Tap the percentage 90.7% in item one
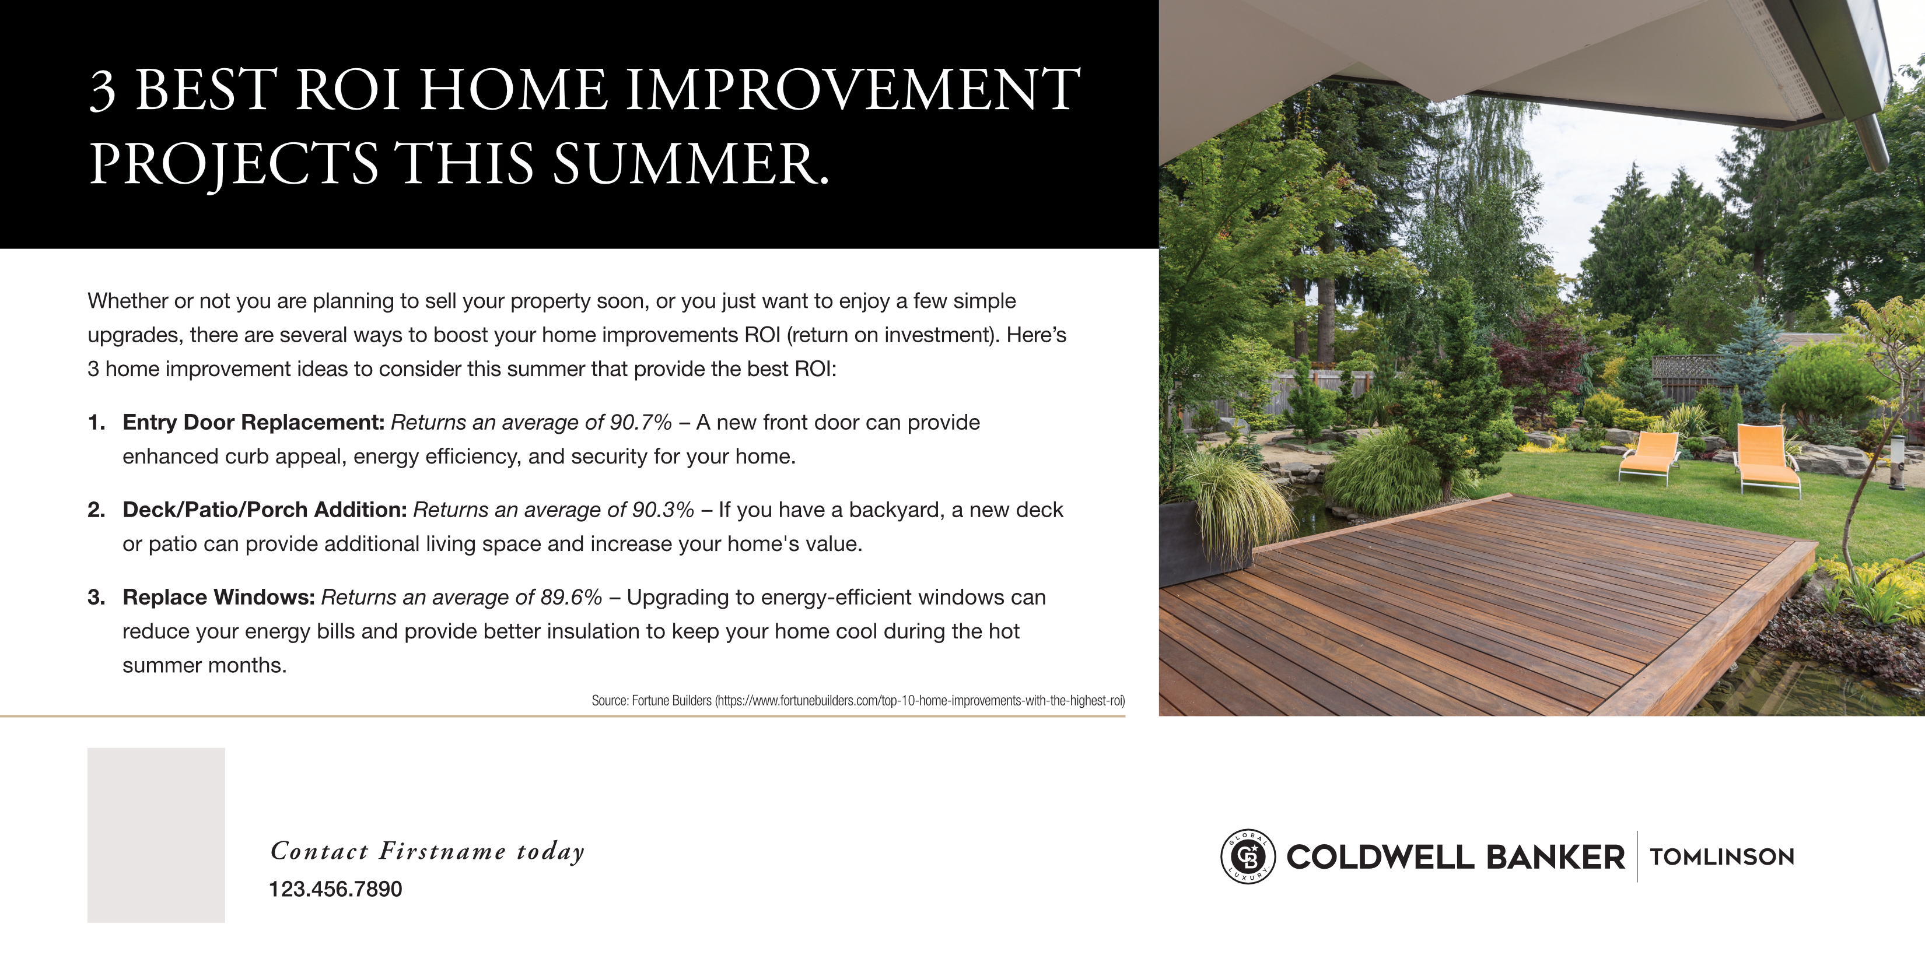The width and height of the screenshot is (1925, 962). (x=640, y=422)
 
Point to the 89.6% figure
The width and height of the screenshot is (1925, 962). (x=571, y=597)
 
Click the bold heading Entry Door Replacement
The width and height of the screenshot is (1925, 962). (x=253, y=423)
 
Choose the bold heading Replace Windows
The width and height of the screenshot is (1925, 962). (x=219, y=597)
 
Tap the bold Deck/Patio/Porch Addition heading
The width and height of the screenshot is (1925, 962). (x=264, y=510)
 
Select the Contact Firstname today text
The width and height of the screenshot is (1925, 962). (x=428, y=851)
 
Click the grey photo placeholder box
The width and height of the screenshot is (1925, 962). (x=156, y=835)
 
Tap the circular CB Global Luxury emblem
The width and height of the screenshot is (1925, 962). (x=1248, y=856)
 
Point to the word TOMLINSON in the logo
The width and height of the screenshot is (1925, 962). (x=1723, y=856)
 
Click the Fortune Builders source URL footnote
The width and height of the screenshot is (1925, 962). (x=858, y=701)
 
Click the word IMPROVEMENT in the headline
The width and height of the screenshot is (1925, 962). (x=853, y=90)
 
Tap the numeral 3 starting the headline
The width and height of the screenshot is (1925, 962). (x=103, y=90)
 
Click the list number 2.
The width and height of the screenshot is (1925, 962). (x=96, y=510)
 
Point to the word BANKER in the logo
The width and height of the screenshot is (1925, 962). (x=1556, y=856)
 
